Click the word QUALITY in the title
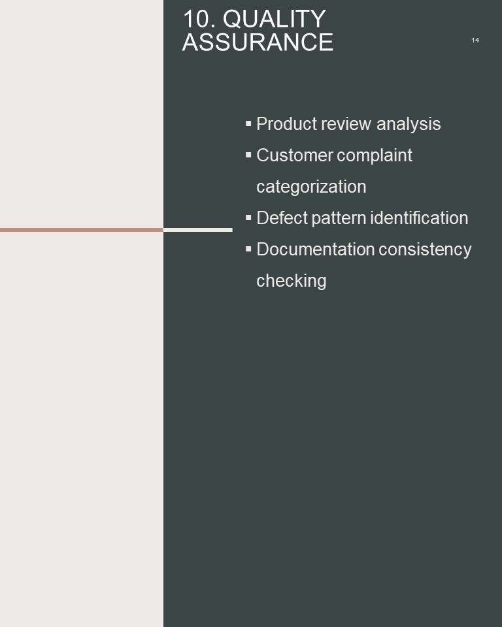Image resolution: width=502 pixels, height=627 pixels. (275, 19)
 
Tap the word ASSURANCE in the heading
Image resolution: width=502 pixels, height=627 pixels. (258, 42)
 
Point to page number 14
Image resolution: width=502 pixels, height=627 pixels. (475, 40)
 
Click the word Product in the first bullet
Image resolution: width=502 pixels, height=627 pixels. (287, 123)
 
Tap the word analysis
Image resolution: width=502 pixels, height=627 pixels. (409, 124)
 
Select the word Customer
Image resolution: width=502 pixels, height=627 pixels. (295, 155)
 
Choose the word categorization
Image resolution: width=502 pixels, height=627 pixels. (311, 187)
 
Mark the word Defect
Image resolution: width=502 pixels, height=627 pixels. (282, 218)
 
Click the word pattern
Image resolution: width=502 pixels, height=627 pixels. (339, 218)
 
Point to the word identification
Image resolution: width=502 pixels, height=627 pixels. (419, 218)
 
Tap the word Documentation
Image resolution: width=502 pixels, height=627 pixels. (316, 249)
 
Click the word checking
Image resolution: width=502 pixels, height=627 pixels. (292, 281)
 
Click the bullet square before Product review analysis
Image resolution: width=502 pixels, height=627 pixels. (248, 123)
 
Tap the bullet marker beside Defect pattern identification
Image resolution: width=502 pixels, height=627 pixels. (248, 218)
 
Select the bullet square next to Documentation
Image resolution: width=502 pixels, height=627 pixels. (248, 249)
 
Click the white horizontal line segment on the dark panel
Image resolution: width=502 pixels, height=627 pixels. (198, 230)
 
